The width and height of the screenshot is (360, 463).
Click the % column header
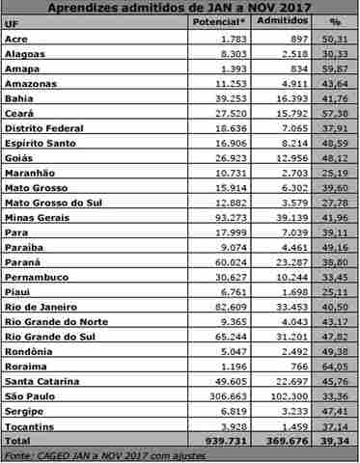pos(334,20)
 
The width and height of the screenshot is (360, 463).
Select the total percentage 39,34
pos(337,440)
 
